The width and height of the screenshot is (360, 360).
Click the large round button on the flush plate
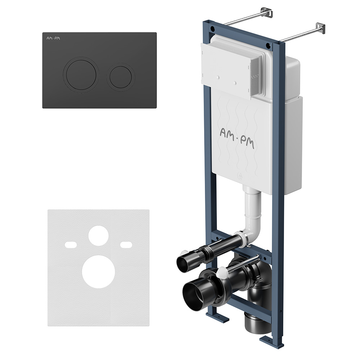(81, 75)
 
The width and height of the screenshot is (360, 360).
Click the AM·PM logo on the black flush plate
(53, 38)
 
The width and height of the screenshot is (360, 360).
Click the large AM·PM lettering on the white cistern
(237, 138)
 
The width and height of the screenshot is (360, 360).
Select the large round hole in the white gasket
(99, 271)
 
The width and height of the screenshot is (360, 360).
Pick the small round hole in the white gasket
(99, 236)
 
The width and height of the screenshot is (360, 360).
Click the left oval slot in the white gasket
(71, 245)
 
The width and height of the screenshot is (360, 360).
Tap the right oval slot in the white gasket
(126, 245)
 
